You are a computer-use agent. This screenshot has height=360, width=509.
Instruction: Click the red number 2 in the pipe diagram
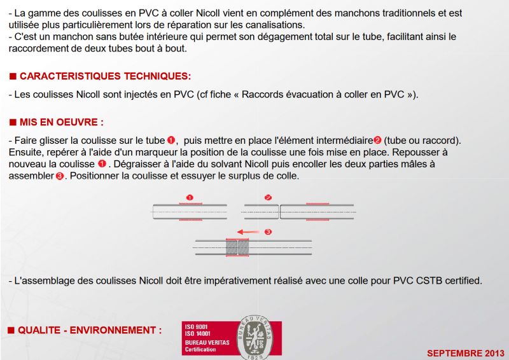coord(268,197)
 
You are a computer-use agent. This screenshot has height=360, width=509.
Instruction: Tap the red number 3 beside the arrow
coord(268,232)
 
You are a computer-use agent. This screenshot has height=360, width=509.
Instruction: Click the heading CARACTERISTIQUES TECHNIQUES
coord(105,76)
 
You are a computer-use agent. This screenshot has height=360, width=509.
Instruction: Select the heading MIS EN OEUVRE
coord(61,121)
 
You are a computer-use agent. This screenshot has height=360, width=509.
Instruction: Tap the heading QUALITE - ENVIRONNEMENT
coord(90,331)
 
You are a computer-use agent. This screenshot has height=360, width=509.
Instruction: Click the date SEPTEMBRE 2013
coord(465,352)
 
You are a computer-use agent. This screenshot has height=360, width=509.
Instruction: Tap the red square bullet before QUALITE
coord(11,331)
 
